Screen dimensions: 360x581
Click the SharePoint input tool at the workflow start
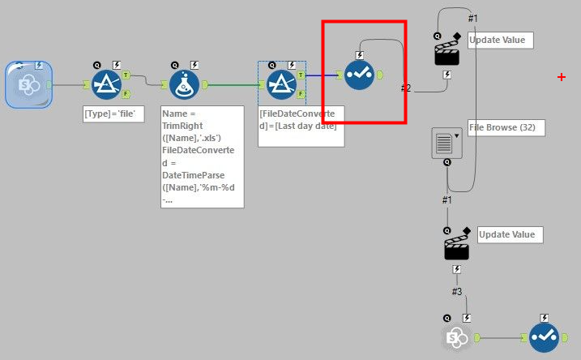point(28,84)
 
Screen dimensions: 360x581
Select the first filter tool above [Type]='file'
point(106,84)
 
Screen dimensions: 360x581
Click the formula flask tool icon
point(186,84)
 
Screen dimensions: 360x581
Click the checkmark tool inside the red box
point(358,75)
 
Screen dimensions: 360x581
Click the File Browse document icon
point(445,141)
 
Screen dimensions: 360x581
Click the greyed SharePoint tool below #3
point(457,336)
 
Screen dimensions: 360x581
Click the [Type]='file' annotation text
point(114,114)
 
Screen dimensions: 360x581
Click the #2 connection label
point(406,88)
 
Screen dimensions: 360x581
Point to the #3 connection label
point(457,291)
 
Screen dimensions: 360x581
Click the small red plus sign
point(562,77)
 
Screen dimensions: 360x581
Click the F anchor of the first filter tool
point(126,94)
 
